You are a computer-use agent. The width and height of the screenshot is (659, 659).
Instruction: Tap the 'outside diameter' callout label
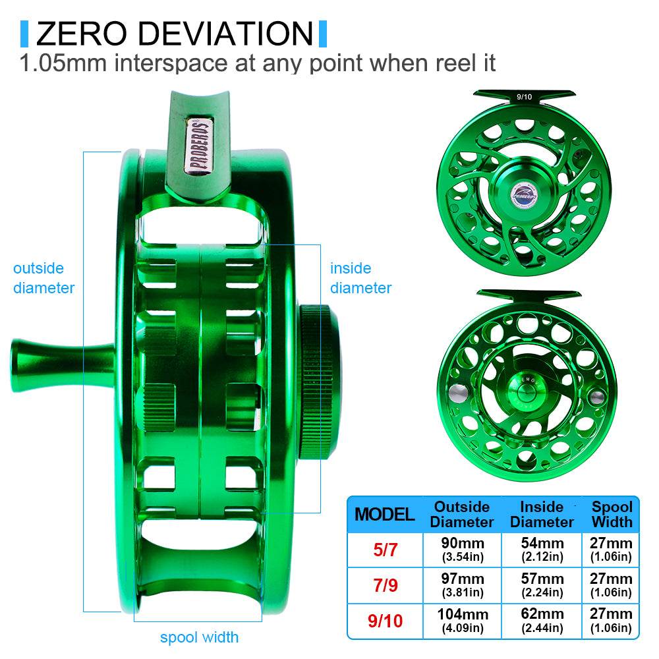point(43,278)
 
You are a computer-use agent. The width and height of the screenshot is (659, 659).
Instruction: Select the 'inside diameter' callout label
point(360,278)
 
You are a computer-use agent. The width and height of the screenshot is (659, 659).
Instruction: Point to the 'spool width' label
point(199,637)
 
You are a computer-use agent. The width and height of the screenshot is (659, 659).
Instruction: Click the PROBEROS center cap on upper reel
point(525,191)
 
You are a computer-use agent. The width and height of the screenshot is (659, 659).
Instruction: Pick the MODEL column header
point(385,514)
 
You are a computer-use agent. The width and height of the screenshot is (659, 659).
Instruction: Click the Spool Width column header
point(612,514)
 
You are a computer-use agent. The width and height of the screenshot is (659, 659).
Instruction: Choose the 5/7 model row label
point(385,550)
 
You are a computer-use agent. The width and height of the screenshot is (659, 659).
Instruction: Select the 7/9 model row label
point(385,585)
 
